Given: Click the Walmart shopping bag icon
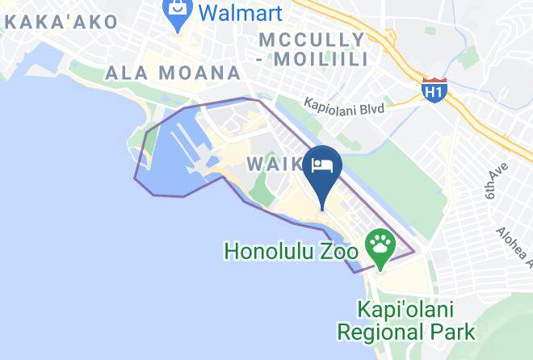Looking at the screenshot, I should [x=175, y=12].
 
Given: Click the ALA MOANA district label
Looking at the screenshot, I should [x=174, y=73].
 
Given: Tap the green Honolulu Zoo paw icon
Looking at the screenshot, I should [x=380, y=241].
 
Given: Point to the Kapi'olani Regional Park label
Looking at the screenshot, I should [x=406, y=320].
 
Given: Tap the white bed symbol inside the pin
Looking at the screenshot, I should [x=323, y=165].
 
